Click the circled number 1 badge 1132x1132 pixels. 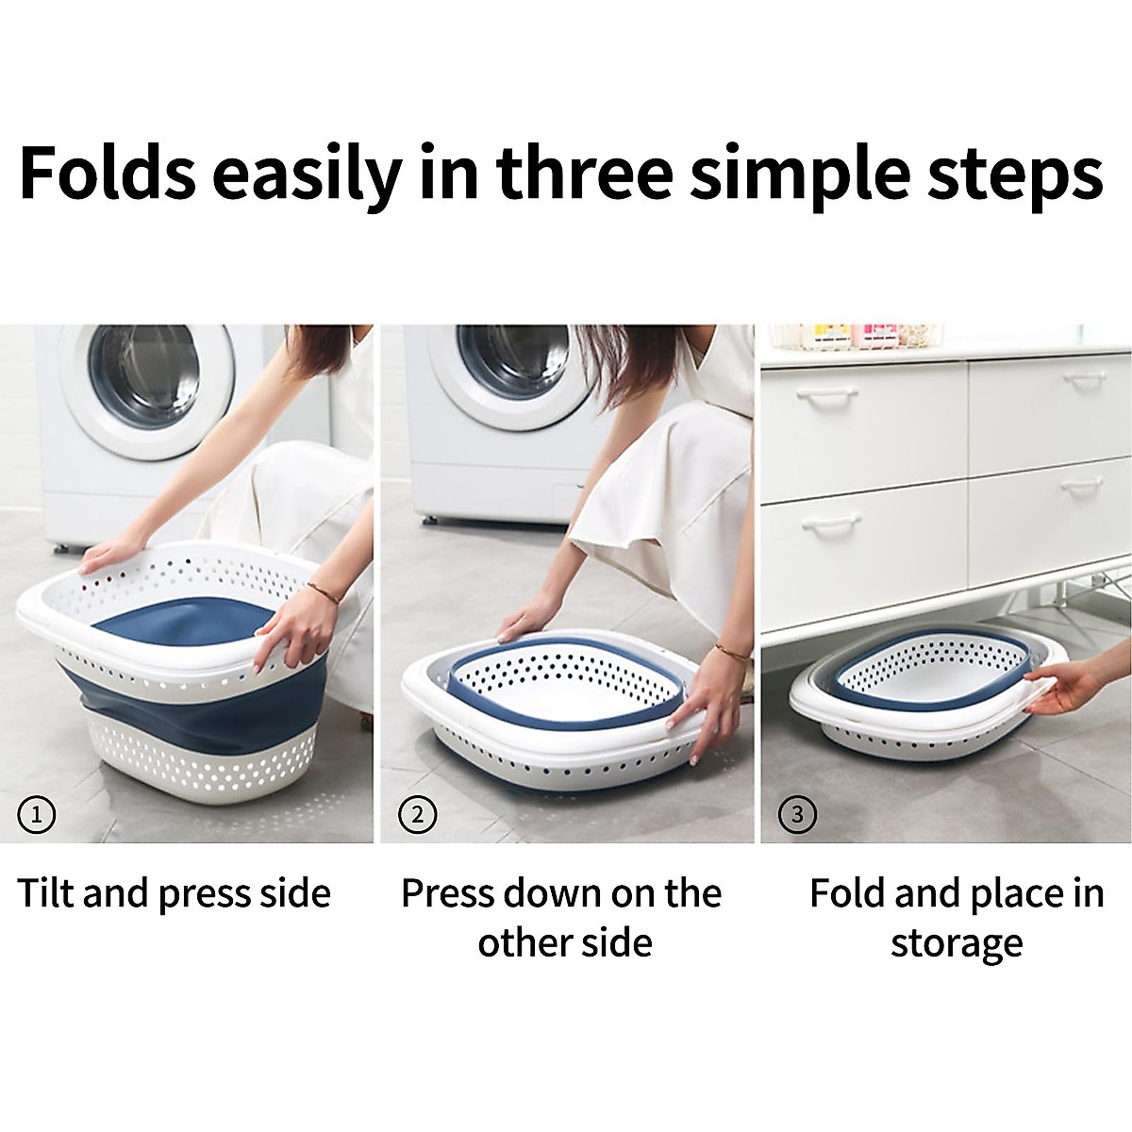click(37, 813)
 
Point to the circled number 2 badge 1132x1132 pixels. click(417, 813)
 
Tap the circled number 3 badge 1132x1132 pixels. click(798, 813)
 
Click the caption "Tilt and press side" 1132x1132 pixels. click(175, 893)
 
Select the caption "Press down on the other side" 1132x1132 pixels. click(562, 917)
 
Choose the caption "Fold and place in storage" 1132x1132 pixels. click(956, 917)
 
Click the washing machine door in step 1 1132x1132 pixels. click(146, 377)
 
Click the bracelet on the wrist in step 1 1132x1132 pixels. click(323, 591)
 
